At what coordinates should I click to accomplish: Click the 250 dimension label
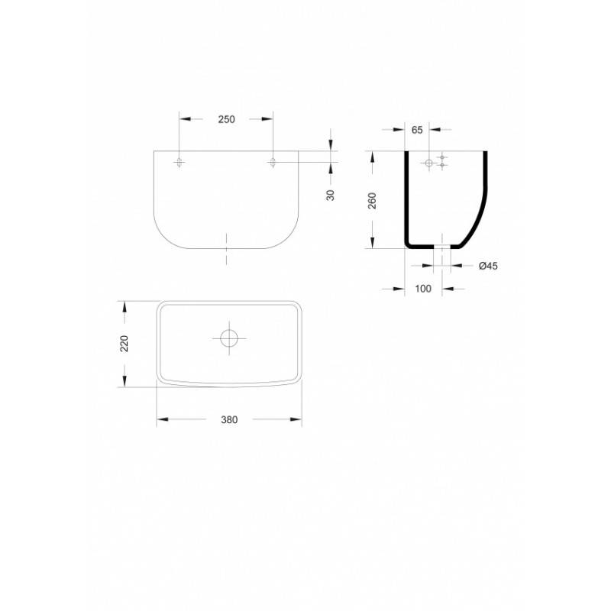point(226,119)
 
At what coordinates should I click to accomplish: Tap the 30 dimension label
point(331,196)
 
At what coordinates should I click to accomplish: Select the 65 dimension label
point(417,130)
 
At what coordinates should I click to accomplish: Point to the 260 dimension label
point(373,201)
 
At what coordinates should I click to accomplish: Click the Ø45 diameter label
point(488,266)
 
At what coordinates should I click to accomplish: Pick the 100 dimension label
point(423,289)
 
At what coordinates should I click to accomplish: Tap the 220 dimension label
point(124,343)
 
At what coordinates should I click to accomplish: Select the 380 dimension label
point(229,419)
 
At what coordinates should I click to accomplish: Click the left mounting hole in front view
point(179,162)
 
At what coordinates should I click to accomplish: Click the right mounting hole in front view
point(273,162)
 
